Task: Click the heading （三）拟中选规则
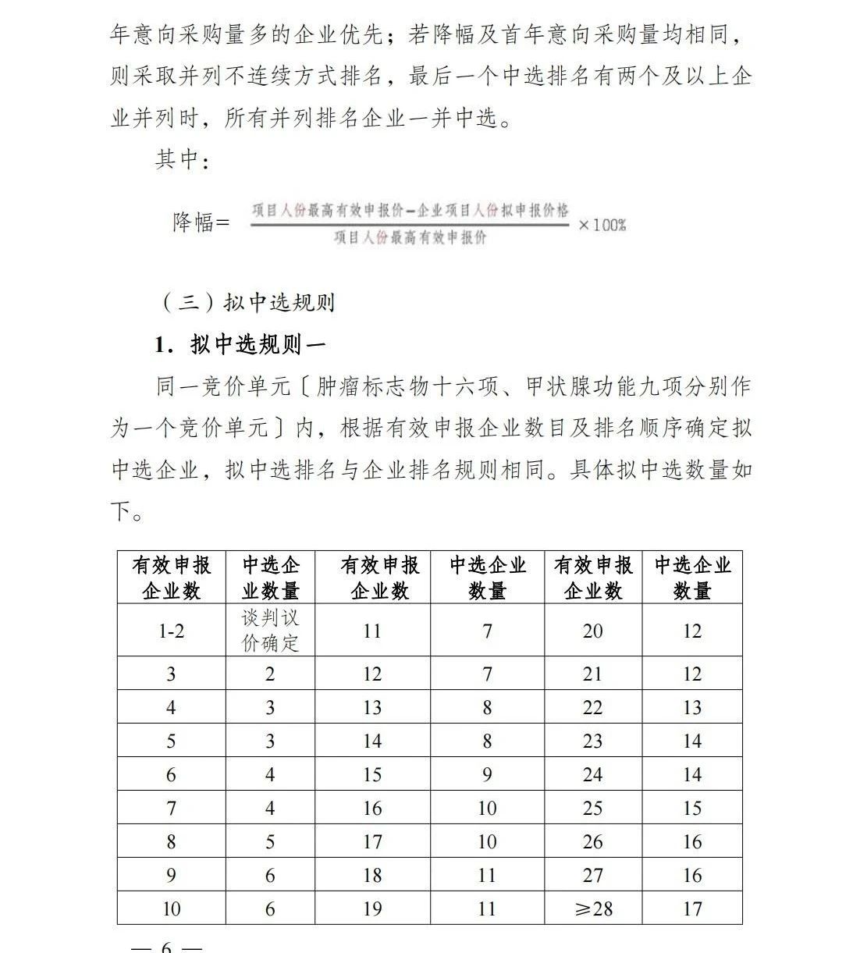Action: (248, 302)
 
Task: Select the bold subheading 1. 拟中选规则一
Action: (240, 344)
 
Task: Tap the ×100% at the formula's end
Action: (602, 225)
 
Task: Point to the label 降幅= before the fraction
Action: (201, 222)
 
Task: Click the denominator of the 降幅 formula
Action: (410, 237)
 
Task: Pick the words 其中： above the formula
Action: (183, 160)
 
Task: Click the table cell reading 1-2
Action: (171, 631)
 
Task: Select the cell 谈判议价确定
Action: (270, 631)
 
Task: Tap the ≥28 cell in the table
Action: (592, 909)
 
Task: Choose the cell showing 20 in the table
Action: (592, 631)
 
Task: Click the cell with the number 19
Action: (372, 909)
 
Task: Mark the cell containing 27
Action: (592, 876)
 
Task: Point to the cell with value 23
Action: (592, 741)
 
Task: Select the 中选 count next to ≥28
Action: (692, 909)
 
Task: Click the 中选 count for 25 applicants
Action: (692, 809)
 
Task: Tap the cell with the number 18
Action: (372, 876)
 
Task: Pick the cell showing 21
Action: (592, 674)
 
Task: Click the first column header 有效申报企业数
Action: (171, 578)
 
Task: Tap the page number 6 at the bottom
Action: (165, 946)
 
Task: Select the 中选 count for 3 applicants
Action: (270, 674)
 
